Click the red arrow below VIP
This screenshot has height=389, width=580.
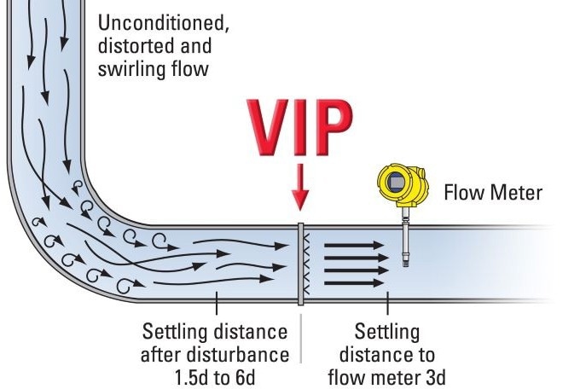click(x=299, y=189)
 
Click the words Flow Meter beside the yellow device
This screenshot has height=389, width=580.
click(x=492, y=193)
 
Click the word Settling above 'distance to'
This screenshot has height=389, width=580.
click(x=387, y=330)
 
